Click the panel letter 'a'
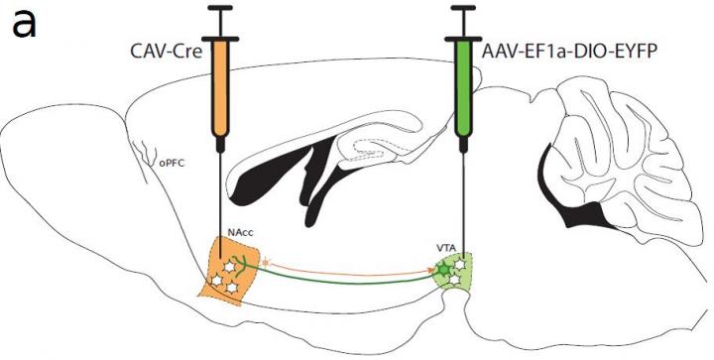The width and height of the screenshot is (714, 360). pyautogui.click(x=23, y=23)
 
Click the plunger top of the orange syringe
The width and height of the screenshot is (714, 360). pyautogui.click(x=221, y=8)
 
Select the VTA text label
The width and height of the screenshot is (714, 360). pyautogui.click(x=447, y=245)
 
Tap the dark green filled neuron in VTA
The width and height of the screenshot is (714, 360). pyautogui.click(x=445, y=267)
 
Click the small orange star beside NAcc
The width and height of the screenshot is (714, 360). pyautogui.click(x=265, y=264)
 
